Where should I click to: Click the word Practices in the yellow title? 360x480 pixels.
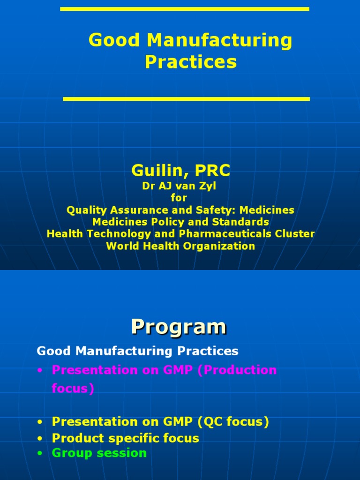pos(190,62)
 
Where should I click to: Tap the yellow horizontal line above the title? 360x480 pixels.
pos(185,9)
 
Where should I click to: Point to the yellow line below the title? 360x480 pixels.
pos(186,99)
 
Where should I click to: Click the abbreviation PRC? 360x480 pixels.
pos(211,171)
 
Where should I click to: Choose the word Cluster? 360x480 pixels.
pos(296,234)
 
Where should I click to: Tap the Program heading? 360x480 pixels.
pos(179,326)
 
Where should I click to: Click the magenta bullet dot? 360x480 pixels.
pos(41,370)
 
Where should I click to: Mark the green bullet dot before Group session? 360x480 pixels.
pos(41,453)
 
